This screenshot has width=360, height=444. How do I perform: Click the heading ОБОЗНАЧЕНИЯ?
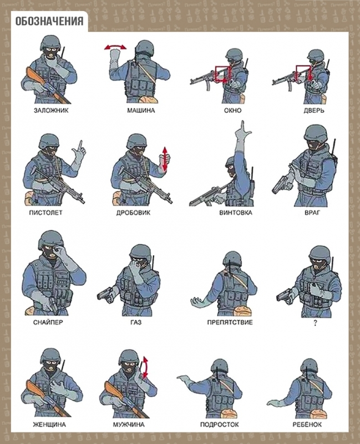point(49,21)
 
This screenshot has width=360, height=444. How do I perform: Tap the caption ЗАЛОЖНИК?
point(51,110)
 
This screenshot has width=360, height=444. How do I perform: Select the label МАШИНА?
point(141,110)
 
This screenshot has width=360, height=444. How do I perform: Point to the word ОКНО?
point(232,110)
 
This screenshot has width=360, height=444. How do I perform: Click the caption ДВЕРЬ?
point(314,110)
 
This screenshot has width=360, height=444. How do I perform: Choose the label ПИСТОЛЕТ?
point(45,213)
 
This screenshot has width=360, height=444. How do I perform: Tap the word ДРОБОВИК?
point(133,213)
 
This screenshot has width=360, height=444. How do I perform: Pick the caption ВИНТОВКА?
point(236,213)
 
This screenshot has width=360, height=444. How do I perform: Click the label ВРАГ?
point(312,213)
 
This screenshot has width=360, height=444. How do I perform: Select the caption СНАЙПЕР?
point(48,322)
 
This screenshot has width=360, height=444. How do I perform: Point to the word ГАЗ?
point(136,322)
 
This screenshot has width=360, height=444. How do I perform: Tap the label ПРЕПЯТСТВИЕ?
point(230,322)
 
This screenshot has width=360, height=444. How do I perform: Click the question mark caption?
point(315,323)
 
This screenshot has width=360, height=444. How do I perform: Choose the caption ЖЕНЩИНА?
point(49,425)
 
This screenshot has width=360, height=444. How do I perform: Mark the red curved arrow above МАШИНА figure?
point(115,47)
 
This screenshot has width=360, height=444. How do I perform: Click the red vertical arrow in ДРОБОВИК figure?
point(165,159)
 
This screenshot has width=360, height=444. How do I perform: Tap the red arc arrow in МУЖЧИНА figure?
point(146,367)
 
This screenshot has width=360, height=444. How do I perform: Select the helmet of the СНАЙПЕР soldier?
point(50,239)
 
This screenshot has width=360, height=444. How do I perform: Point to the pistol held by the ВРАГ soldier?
point(280,185)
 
